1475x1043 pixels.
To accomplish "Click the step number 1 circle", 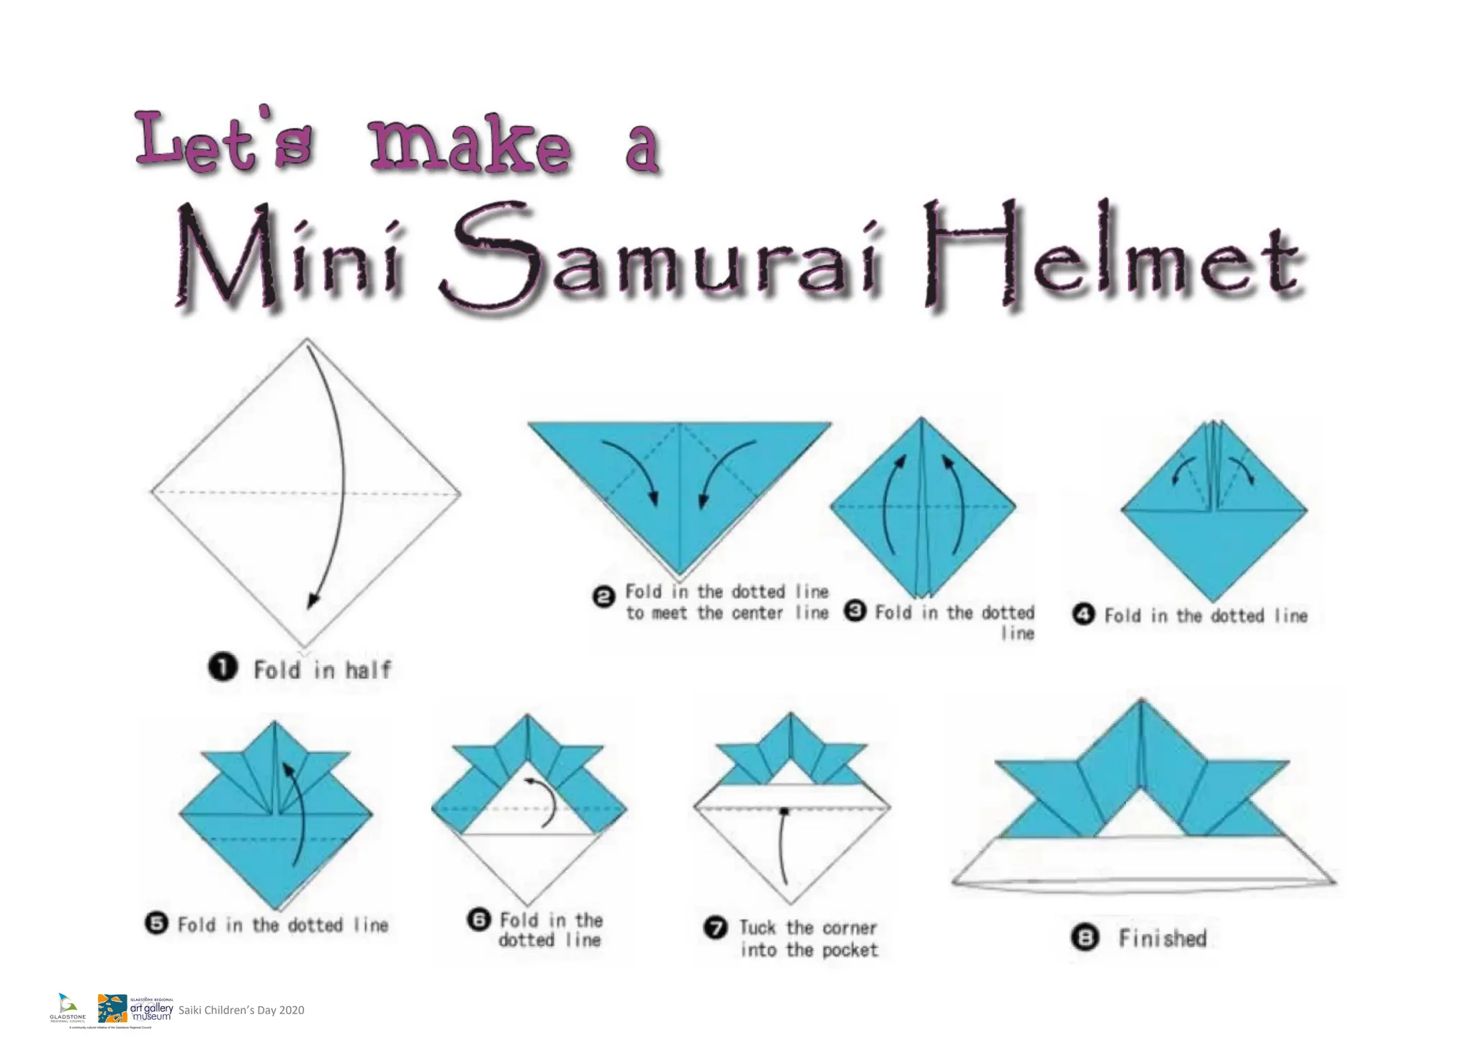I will pos(223,667).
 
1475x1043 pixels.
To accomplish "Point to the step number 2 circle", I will pos(604,596).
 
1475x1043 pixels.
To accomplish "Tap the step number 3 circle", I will pos(855,612).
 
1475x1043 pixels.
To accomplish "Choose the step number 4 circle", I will pos(1084,614).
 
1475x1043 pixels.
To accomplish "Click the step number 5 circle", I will pos(156,923).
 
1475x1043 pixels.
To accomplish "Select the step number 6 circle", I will pos(479,920).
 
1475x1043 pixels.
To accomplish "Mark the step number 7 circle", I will pos(714,928).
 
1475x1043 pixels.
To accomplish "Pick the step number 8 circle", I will pos(1085,938).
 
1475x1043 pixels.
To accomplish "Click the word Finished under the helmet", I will pos(1162,939).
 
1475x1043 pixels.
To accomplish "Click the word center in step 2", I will pos(757,613).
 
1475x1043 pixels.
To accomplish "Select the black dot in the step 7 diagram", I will pos(784,811).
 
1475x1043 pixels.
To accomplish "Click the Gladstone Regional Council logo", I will pos(67,1008).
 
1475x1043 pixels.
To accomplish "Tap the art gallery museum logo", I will pos(135,1008).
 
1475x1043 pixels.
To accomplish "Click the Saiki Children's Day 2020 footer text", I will pos(241,1010).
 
